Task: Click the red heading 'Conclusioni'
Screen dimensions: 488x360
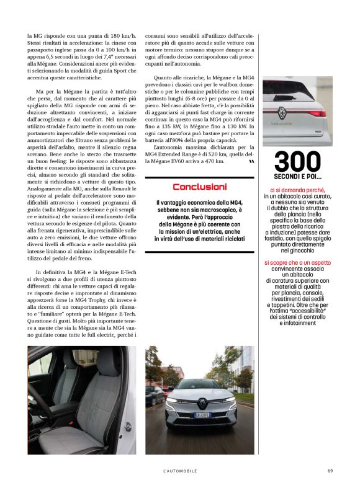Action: coord(199,187)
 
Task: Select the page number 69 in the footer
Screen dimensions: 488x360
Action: coord(330,471)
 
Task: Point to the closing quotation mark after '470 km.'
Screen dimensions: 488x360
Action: coord(251,161)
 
